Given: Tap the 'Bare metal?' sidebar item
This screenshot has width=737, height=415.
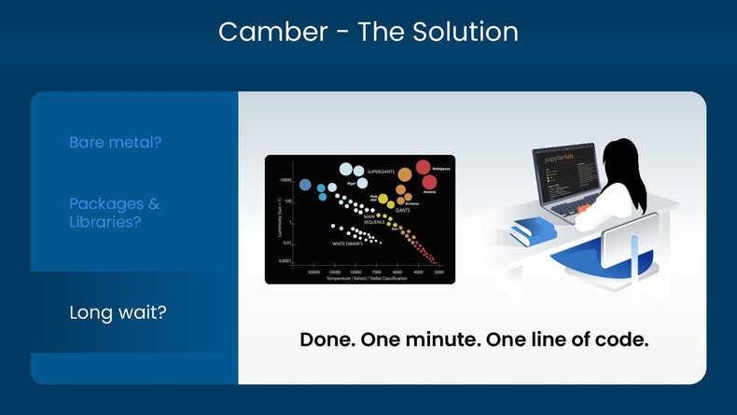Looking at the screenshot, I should [116, 143].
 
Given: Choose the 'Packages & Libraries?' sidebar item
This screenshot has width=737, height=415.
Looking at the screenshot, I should [106, 213].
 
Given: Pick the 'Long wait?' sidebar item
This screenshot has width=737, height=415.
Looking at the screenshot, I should [118, 312].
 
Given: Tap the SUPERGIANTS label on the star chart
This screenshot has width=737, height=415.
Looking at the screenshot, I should [388, 173].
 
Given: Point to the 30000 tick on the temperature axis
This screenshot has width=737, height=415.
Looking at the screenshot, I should [313, 271].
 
